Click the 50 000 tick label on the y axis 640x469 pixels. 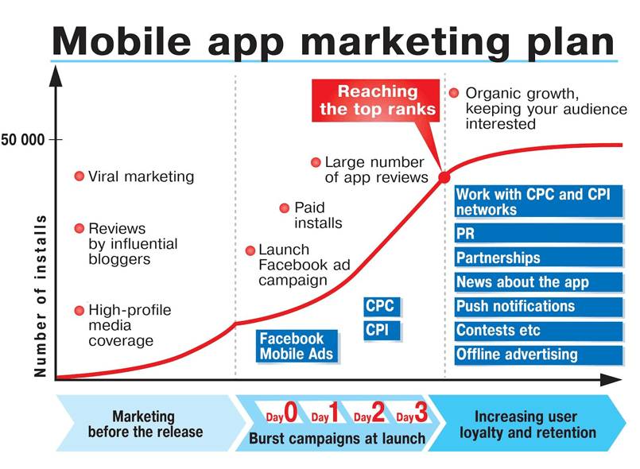[23, 140]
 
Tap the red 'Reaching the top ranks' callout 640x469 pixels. [375, 100]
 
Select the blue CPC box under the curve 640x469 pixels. [382, 307]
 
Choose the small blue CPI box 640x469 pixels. [382, 331]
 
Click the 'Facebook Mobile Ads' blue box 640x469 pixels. [297, 346]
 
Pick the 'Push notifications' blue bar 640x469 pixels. [538, 307]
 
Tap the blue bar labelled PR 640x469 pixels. [538, 234]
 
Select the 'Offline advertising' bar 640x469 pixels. [538, 355]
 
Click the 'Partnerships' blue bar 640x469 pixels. [538, 258]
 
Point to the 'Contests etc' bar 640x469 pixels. [538, 331]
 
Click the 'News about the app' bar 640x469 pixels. [538, 282]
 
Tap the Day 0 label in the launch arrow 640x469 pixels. [281, 413]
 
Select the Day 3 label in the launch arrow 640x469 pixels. [413, 413]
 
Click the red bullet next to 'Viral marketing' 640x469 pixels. [80, 176]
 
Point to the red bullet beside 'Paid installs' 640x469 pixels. [285, 208]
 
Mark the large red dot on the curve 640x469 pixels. [444, 177]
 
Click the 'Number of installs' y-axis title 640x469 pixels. [40, 296]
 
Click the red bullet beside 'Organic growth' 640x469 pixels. [454, 93]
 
